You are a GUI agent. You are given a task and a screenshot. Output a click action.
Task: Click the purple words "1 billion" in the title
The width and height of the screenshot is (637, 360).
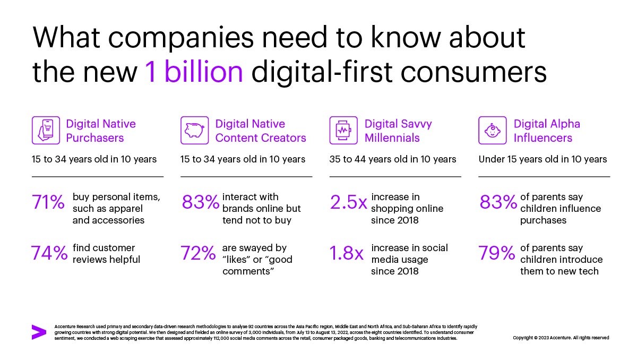click(194, 71)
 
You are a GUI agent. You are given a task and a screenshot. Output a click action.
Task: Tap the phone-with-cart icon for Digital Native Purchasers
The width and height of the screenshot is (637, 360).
click(46, 131)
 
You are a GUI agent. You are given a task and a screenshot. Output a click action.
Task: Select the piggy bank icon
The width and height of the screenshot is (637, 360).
click(194, 131)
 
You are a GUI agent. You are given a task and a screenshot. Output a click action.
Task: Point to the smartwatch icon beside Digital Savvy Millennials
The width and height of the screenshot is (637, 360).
click(343, 131)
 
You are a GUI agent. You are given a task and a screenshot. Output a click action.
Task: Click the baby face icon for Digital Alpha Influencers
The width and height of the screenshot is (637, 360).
click(492, 131)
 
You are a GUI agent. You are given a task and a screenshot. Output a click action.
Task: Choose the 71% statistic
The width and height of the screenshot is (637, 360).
click(48, 202)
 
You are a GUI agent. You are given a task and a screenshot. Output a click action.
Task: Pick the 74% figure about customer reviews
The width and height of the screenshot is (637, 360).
click(49, 253)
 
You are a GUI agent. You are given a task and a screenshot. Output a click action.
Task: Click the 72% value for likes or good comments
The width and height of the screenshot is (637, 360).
click(198, 253)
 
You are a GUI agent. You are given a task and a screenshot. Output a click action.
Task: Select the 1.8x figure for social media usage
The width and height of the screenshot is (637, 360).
click(347, 253)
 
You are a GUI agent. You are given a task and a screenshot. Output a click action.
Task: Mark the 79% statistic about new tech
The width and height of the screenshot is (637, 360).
click(497, 253)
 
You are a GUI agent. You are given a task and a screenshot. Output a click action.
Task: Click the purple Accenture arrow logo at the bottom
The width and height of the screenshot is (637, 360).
click(39, 332)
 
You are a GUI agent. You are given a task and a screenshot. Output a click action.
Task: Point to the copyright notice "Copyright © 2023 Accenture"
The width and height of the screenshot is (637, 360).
click(561, 338)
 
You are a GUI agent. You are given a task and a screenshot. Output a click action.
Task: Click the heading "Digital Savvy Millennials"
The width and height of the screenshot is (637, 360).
click(398, 131)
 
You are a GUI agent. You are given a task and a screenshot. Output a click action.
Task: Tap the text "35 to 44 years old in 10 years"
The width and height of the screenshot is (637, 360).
click(393, 159)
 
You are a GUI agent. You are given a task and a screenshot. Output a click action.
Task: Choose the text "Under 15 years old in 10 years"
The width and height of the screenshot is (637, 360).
click(543, 159)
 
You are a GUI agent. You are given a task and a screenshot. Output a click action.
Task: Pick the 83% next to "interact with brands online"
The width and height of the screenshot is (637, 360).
click(200, 202)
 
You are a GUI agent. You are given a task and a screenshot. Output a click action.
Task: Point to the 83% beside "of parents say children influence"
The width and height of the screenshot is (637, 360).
click(498, 202)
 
